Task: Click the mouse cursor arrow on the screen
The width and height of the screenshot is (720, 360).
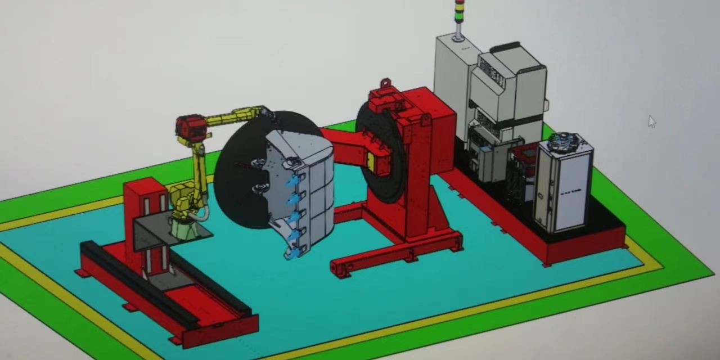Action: pyautogui.click(x=651, y=121)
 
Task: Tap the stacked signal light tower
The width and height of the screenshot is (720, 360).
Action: pyautogui.click(x=459, y=17)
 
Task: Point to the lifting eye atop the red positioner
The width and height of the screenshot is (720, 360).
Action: pyautogui.click(x=385, y=84)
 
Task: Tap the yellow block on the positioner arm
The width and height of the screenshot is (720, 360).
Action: pyautogui.click(x=371, y=162)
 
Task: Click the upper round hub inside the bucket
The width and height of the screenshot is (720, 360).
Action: pyautogui.click(x=259, y=164)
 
